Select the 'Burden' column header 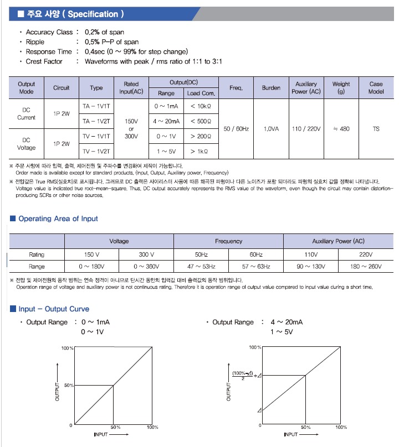click(271, 88)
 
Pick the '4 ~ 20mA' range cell click(166, 121)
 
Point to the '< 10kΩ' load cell click(201, 106)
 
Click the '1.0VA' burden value click(271, 128)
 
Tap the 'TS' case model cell click(376, 128)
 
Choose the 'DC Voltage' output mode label click(27, 144)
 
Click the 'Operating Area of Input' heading click(58, 219)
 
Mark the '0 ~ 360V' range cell click(146, 267)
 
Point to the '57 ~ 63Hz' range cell click(256, 267)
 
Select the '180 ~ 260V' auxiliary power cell click(366, 267)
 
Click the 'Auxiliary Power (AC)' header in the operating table click(338, 241)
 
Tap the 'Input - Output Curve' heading click(53, 309)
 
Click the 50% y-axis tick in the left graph click(68, 385)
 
